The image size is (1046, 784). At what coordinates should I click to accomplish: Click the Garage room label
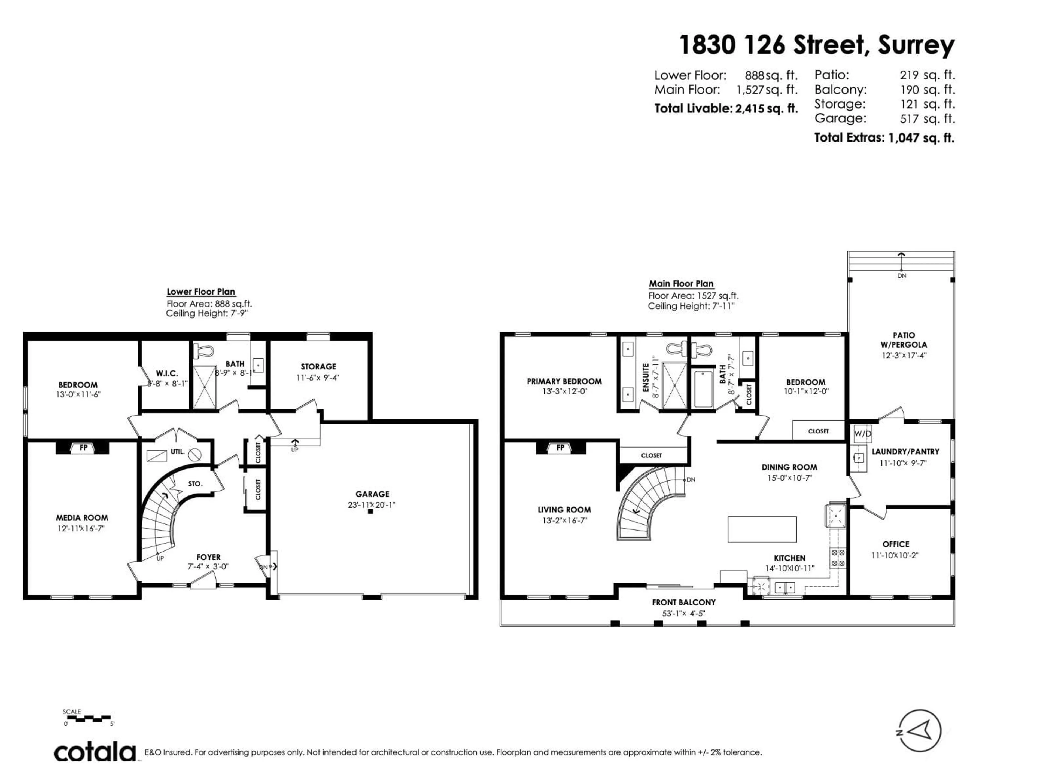[372, 494]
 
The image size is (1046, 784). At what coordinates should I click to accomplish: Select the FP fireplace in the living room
[560, 448]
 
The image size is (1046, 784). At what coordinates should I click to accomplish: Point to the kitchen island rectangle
[762, 529]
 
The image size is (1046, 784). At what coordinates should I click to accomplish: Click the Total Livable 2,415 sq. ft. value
[766, 109]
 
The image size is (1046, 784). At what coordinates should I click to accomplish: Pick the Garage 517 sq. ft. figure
[927, 119]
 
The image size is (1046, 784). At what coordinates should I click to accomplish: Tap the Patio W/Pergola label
[904, 340]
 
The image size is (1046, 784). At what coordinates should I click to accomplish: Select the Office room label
[896, 544]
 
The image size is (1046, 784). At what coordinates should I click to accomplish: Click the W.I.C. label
[167, 373]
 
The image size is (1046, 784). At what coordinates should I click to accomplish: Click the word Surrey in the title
[916, 46]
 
